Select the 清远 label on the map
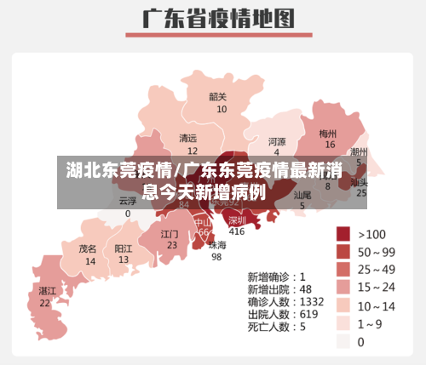click(x=187, y=138)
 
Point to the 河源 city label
click(x=277, y=141)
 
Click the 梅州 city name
click(x=328, y=134)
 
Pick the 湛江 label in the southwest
click(x=47, y=291)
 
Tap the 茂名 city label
click(x=88, y=249)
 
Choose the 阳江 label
click(x=124, y=248)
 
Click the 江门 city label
click(x=170, y=233)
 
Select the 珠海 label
click(x=218, y=245)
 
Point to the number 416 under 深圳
click(x=236, y=231)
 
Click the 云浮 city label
click(x=128, y=202)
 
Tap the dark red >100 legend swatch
click(x=343, y=234)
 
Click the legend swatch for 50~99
click(x=343, y=252)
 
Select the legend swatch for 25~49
click(x=343, y=270)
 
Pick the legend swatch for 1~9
click(x=343, y=323)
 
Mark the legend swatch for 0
click(x=343, y=341)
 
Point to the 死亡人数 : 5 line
click(x=277, y=326)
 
